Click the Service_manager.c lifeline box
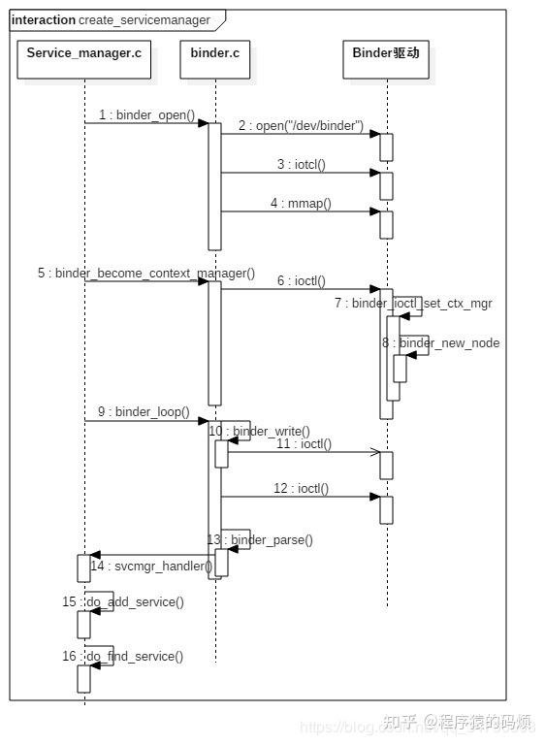[83, 53]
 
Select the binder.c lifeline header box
[209, 53]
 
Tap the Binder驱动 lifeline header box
[385, 53]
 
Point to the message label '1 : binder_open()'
[146, 115]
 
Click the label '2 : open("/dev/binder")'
[302, 126]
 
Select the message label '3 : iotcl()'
[301, 165]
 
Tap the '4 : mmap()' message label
[301, 204]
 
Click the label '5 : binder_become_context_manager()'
[146, 274]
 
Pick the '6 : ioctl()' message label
[302, 281]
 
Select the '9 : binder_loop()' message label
[145, 412]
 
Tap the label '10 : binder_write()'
[259, 431]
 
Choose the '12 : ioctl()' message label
[301, 489]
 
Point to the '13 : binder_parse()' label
[260, 539]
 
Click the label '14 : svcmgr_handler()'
[150, 566]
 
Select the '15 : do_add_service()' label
[123, 602]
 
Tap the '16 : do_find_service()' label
[123, 657]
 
